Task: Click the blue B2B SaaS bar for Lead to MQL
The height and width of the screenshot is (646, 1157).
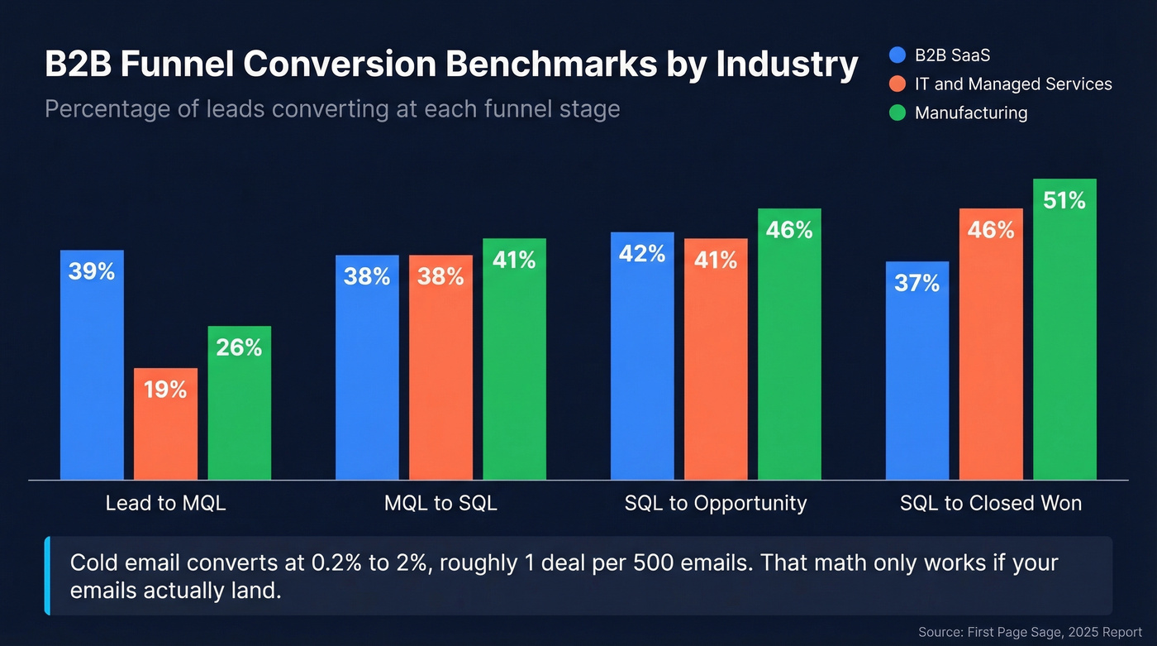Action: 92,372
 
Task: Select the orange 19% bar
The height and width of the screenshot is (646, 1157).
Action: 165,430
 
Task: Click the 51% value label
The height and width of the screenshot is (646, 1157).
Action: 1064,200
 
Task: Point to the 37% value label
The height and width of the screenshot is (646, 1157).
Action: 917,284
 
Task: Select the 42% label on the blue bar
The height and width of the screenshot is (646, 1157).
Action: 642,253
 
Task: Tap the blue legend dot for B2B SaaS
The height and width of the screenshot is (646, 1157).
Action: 898,55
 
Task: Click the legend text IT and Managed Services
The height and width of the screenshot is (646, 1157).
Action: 1012,84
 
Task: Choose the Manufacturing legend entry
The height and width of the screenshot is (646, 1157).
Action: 970,113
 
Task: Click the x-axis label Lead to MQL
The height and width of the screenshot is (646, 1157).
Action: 165,503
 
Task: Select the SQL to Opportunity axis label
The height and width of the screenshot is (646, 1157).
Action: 716,503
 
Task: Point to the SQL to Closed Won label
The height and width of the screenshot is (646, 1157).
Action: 991,503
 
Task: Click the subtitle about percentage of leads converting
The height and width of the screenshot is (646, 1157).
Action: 332,109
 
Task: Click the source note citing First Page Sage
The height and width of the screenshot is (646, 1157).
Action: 1030,632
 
